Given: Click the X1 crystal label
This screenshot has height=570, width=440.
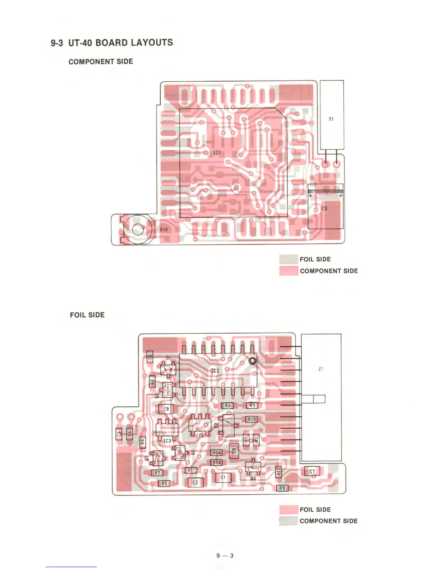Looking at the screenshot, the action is point(331,119).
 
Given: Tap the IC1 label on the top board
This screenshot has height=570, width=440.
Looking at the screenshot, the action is point(217,153).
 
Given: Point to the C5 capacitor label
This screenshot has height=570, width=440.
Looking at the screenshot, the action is point(325,208).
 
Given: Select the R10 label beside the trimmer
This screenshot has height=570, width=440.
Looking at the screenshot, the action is point(164,229).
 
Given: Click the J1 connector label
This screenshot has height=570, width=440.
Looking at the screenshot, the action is point(321,368).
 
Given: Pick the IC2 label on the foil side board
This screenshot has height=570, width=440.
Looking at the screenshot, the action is point(215,370).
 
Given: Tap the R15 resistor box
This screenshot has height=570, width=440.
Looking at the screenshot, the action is point(252,419).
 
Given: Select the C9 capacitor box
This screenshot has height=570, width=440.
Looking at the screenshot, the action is point(166,409).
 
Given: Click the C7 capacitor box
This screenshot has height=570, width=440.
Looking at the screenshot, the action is point(312,471).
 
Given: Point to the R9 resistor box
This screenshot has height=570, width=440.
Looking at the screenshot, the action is point(282,488).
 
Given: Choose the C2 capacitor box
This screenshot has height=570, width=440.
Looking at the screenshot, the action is point(195,482).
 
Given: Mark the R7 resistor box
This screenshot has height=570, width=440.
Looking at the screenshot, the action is point(157,473).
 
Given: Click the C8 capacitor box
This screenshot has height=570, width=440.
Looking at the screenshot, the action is point(234,451).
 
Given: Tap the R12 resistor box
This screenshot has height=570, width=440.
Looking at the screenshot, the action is point(279,471).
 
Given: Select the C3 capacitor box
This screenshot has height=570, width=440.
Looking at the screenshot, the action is point(119,434).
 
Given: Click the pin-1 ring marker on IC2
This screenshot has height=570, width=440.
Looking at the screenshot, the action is point(253,361).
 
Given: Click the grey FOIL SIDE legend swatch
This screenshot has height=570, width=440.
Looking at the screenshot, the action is point(289,259).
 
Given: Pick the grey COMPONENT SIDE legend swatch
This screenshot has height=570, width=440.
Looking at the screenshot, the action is point(289,521).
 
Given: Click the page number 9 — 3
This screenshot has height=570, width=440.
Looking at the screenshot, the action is point(225,555).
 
